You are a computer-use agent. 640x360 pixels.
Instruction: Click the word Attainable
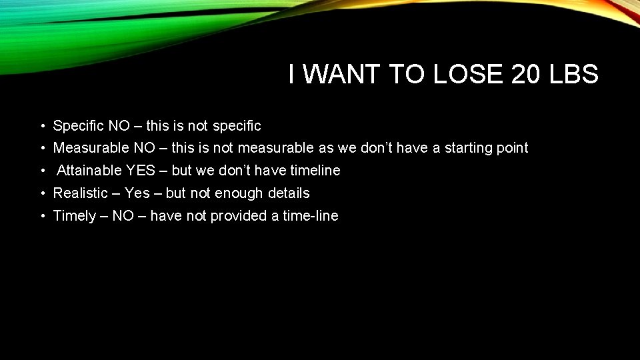89,171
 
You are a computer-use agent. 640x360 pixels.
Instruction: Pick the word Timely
74,216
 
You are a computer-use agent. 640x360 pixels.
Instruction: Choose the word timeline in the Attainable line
315,171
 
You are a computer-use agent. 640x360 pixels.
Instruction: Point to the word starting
468,148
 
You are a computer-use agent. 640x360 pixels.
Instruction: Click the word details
287,193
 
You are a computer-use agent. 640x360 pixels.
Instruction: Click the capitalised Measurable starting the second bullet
88,148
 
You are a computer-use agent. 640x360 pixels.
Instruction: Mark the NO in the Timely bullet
123,216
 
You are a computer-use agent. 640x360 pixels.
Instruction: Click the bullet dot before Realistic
42,193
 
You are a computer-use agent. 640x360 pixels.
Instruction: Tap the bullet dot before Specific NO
42,126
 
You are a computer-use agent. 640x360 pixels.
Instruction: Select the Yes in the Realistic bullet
137,193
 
